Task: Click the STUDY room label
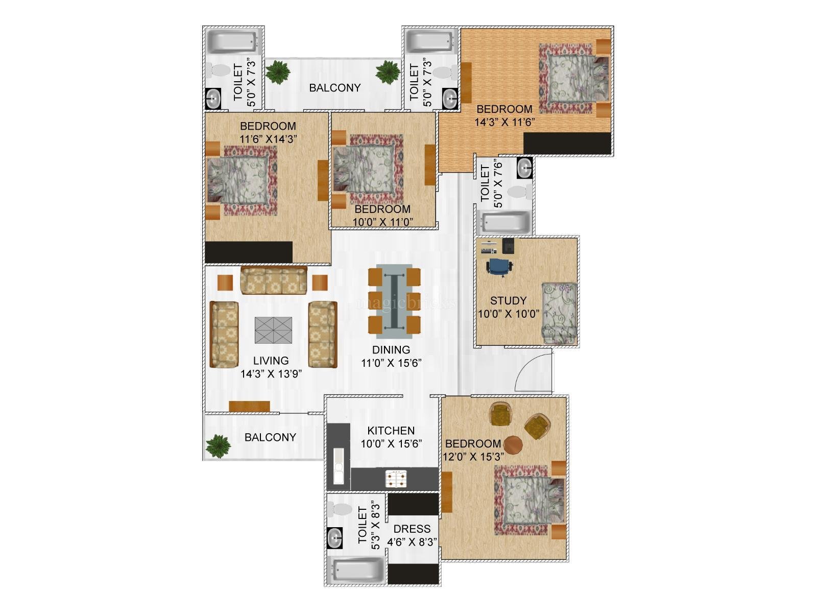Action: pyautogui.click(x=508, y=300)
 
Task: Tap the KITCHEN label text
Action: pyautogui.click(x=391, y=431)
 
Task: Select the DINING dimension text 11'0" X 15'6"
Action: pyautogui.click(x=391, y=363)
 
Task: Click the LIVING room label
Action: pyautogui.click(x=271, y=360)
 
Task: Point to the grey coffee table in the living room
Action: pyautogui.click(x=273, y=330)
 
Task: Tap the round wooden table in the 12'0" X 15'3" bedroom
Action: pyautogui.click(x=513, y=445)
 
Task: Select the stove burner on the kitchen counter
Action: pyautogui.click(x=396, y=479)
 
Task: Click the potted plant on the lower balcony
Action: pyautogui.click(x=218, y=446)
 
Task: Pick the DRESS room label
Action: pyautogui.click(x=412, y=529)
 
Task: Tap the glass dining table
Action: pyautogui.click(x=394, y=301)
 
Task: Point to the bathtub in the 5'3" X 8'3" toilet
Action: pyautogui.click(x=357, y=571)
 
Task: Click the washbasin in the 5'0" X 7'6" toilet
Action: pyautogui.click(x=525, y=168)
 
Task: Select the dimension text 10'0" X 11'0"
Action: pyautogui.click(x=383, y=222)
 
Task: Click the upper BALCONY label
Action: pyautogui.click(x=335, y=88)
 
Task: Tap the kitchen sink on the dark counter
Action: pyautogui.click(x=339, y=466)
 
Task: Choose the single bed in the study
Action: pyautogui.click(x=560, y=313)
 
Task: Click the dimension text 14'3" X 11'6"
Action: pyautogui.click(x=504, y=123)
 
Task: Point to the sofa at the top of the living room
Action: pyautogui.click(x=274, y=280)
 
